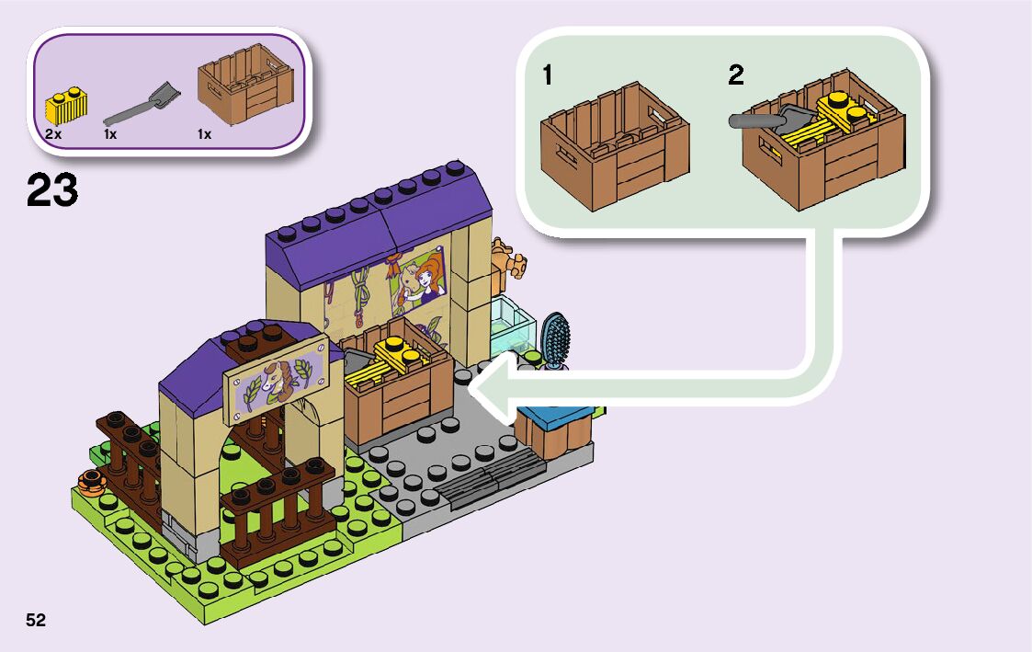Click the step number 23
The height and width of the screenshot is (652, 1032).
[52, 191]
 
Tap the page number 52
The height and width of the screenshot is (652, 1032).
[36, 620]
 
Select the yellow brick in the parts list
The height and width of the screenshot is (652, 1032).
[65, 106]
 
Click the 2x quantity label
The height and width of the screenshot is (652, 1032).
[53, 134]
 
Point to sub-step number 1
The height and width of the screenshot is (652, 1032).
[548, 75]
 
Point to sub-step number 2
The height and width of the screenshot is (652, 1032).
[735, 75]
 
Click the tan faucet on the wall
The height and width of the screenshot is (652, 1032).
[508, 257]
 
